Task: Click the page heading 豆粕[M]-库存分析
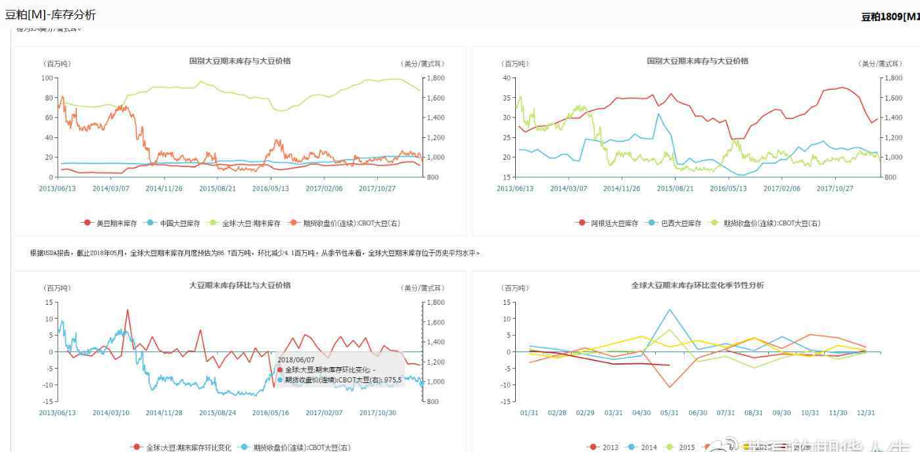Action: pos(51,14)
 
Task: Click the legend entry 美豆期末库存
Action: pos(116,223)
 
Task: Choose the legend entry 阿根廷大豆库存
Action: pos(614,223)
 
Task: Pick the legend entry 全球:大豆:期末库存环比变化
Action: pos(187,447)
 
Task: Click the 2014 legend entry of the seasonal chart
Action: pos(649,447)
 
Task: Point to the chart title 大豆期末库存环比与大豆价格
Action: pos(240,285)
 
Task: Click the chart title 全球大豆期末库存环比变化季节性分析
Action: pos(697,285)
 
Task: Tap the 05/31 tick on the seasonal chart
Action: pos(670,413)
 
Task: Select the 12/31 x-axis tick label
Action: pos(865,413)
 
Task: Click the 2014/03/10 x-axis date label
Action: pos(110,413)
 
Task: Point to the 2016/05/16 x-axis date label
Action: pos(270,413)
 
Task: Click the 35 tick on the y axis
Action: pos(507,98)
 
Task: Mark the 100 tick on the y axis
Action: pos(47,78)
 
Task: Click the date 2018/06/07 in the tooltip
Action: pos(296,360)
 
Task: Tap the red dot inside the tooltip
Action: pos(280,370)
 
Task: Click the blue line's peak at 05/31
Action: pos(670,309)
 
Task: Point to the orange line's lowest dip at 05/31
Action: pos(670,387)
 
